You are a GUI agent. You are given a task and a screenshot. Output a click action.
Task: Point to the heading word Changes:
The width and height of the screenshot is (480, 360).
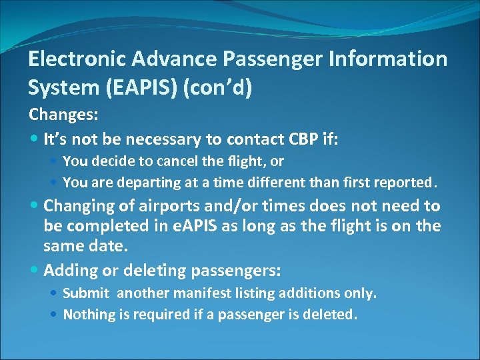(x=64, y=115)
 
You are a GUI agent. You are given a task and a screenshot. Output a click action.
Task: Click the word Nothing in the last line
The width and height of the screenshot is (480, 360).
(x=88, y=314)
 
